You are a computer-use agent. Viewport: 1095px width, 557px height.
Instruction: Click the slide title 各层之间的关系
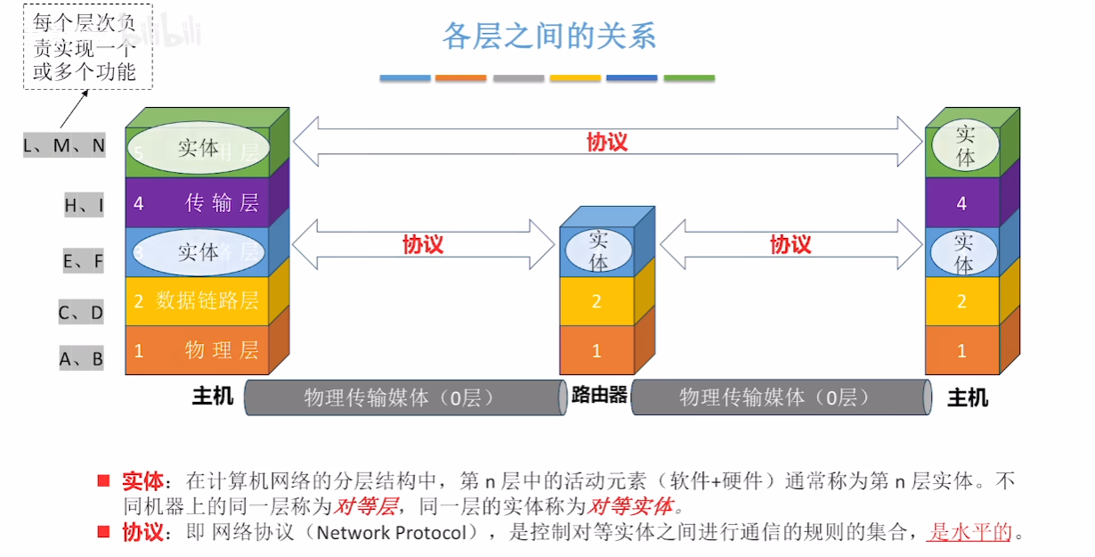549,36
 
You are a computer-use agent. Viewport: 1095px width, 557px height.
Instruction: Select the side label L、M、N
64,145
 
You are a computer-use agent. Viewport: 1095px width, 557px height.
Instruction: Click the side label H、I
84,206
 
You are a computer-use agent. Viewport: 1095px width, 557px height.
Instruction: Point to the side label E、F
83,261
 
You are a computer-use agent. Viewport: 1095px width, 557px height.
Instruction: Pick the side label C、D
81,312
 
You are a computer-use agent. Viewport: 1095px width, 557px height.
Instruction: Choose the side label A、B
81,359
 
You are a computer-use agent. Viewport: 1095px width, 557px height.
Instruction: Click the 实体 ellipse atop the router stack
598,251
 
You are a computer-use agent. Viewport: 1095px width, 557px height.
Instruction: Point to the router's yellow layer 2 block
596,301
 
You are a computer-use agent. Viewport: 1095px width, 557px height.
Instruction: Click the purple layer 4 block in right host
961,203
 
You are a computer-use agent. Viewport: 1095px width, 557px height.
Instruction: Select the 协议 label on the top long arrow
607,143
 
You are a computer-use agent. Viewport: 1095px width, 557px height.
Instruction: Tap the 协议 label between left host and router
423,244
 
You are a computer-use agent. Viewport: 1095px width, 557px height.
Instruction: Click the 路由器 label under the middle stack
599,395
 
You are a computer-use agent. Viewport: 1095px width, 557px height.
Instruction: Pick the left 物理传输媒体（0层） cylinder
405,397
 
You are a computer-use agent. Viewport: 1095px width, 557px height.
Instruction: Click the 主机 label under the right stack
968,397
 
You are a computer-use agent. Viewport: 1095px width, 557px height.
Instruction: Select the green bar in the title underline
689,78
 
